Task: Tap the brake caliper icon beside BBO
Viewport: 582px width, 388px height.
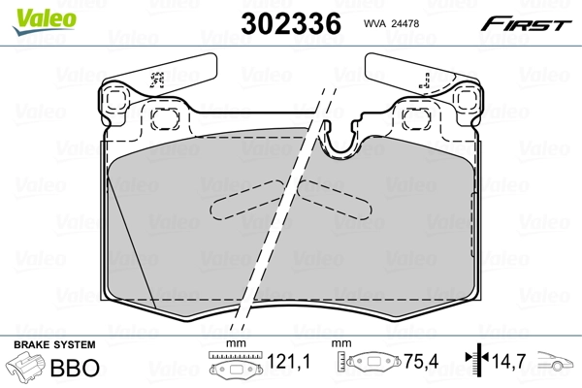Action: (x=27, y=370)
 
